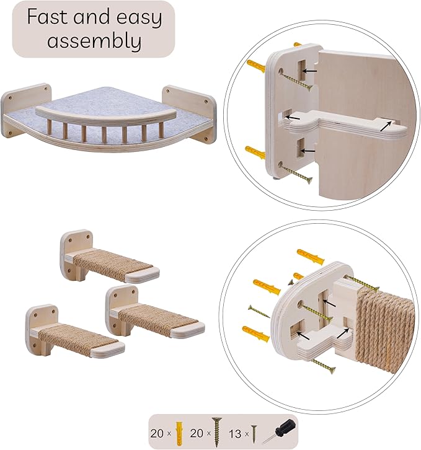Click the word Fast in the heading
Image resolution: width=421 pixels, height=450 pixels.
pyautogui.click(x=48, y=17)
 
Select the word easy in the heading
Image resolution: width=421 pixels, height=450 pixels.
pyautogui.click(x=135, y=19)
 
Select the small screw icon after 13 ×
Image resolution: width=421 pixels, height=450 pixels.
pyautogui.click(x=254, y=431)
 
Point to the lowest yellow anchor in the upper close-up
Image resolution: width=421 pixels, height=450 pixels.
pyautogui.click(x=255, y=151)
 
